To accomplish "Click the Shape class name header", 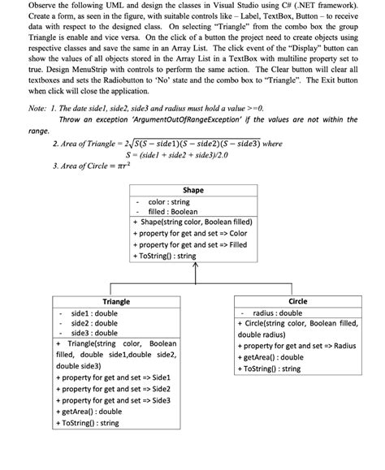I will coord(193,190).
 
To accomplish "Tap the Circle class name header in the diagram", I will coord(297,301).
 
